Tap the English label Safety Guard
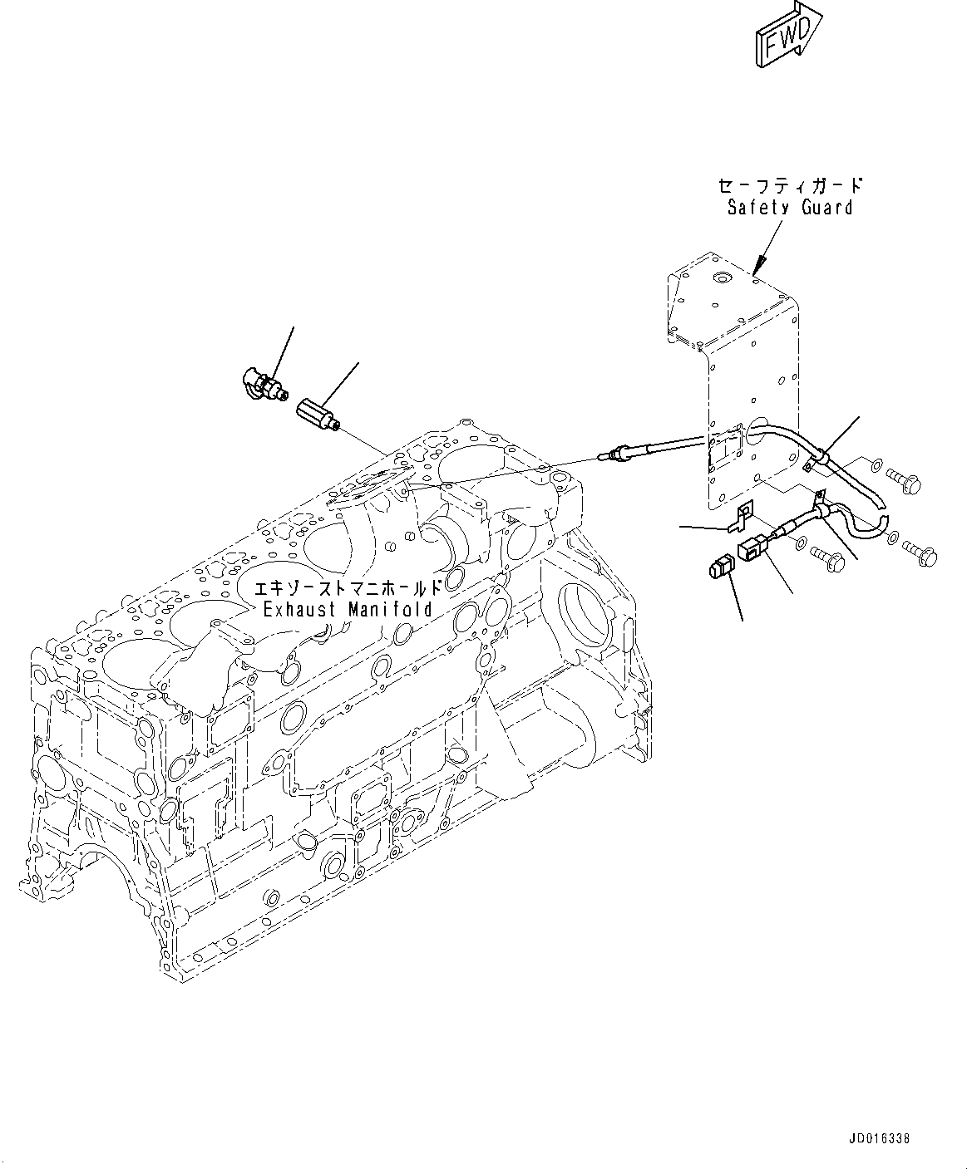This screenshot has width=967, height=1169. coord(790,207)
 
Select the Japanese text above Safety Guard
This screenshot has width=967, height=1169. coord(790,184)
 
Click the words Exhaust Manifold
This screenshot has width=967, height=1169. coord(348,609)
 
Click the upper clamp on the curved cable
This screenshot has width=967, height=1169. coord(818,458)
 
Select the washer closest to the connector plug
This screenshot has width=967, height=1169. coord(800,545)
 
